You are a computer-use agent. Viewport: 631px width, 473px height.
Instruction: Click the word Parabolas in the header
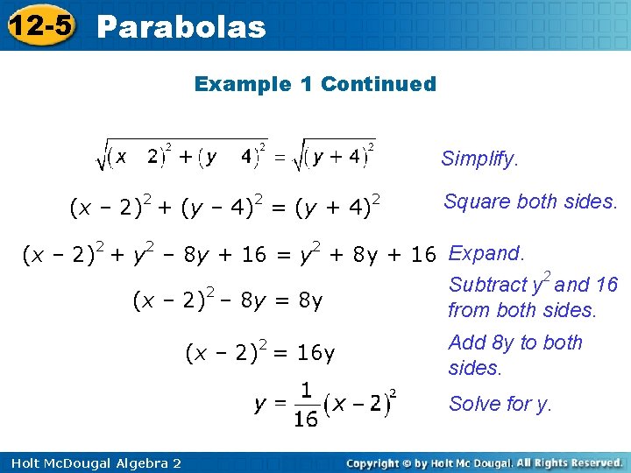coord(181,27)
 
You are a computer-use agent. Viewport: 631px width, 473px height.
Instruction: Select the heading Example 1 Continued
coord(315,84)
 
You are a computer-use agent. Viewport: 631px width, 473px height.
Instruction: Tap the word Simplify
coord(479,159)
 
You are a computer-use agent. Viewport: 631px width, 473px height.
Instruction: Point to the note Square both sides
coord(530,201)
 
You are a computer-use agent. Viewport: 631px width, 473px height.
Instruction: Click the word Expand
coord(486,254)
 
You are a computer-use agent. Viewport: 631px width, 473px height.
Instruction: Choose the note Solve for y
coord(500,404)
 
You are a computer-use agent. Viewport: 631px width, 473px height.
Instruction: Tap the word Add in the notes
coord(464,342)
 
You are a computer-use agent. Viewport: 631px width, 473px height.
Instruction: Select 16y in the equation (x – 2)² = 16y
coord(315,353)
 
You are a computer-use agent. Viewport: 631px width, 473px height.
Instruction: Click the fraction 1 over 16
coord(306,404)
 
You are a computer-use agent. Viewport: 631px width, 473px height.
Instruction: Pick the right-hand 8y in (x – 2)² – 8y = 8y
coord(310,301)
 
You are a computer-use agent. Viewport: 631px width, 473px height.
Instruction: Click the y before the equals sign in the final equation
coord(260,404)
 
